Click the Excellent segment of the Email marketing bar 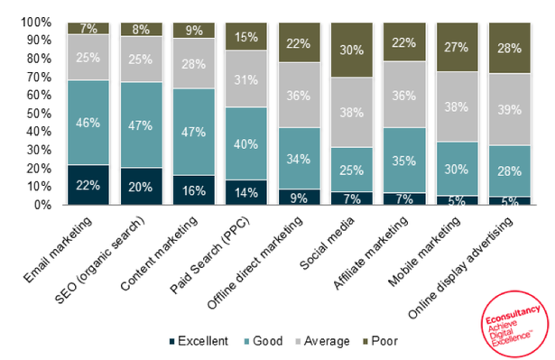point(88,185)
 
